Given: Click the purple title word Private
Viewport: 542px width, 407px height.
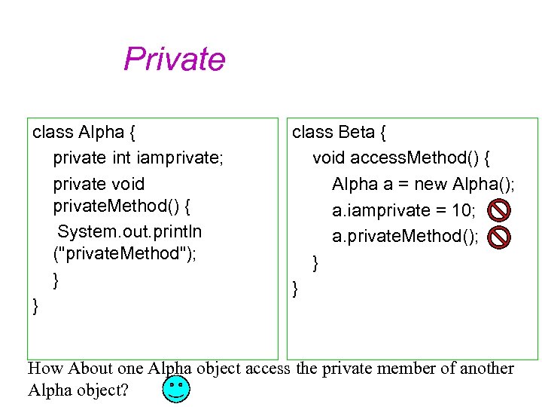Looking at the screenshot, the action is (x=174, y=59).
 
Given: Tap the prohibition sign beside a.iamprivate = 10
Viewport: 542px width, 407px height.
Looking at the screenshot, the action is (x=498, y=210).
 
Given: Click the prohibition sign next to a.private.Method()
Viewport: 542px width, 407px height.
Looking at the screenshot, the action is (x=498, y=237).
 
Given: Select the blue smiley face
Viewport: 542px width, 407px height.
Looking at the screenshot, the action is (x=176, y=390).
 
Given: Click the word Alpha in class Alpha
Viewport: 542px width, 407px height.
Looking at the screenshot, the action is (x=100, y=133).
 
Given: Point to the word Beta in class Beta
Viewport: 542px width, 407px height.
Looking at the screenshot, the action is (x=356, y=133).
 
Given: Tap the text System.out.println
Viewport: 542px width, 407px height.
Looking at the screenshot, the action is (x=129, y=231).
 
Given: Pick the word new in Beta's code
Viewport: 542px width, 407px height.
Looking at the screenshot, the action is (x=431, y=184).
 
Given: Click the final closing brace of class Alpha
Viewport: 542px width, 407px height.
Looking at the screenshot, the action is (x=35, y=305).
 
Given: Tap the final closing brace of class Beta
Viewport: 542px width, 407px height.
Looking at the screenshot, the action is (x=295, y=287).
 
